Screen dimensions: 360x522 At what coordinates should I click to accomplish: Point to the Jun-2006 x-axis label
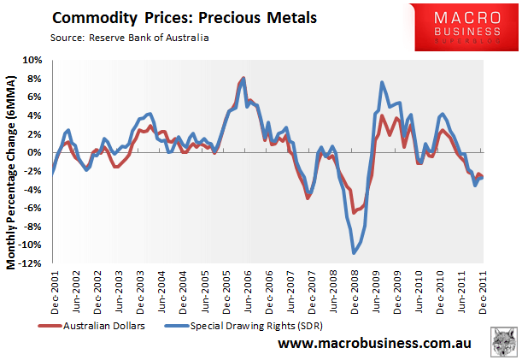247,291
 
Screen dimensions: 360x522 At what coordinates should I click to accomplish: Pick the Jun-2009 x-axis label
375,291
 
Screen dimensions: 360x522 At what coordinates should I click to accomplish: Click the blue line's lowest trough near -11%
354,252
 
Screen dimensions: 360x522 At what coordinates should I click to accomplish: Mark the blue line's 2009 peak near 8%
381,82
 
